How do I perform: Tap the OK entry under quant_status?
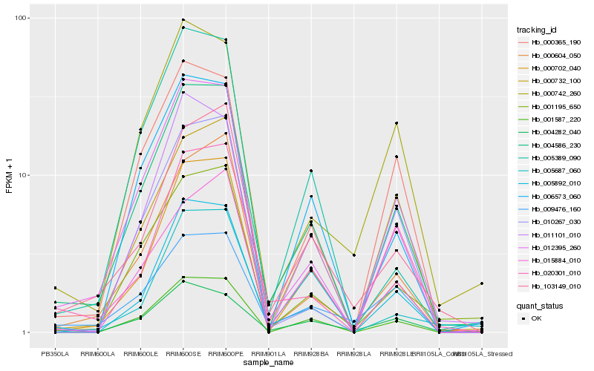tap(536, 318)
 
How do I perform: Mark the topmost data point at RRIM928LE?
tap(396, 122)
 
